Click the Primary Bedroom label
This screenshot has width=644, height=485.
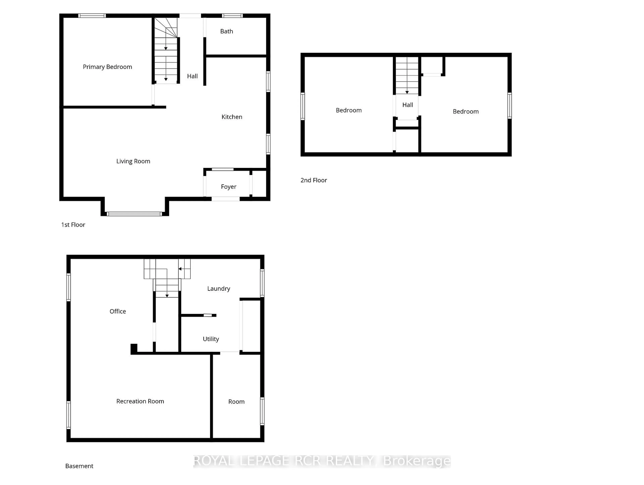pos(108,67)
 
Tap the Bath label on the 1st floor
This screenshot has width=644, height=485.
pos(227,31)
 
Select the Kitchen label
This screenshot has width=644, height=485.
pos(232,117)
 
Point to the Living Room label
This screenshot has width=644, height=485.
pos(133,161)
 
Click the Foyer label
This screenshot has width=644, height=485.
pos(229,187)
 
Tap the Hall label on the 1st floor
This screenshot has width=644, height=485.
pos(192,76)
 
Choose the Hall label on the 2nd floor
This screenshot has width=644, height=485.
pos(408,105)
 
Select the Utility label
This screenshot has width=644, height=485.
pos(211,339)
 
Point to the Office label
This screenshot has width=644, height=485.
pos(118,311)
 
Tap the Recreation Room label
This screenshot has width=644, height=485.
pos(140,401)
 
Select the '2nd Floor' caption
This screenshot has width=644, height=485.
pos(314,180)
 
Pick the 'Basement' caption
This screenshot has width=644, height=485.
pos(79,466)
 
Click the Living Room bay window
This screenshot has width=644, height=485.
pos(134,214)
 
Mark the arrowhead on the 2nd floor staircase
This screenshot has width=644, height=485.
pos(407,92)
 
